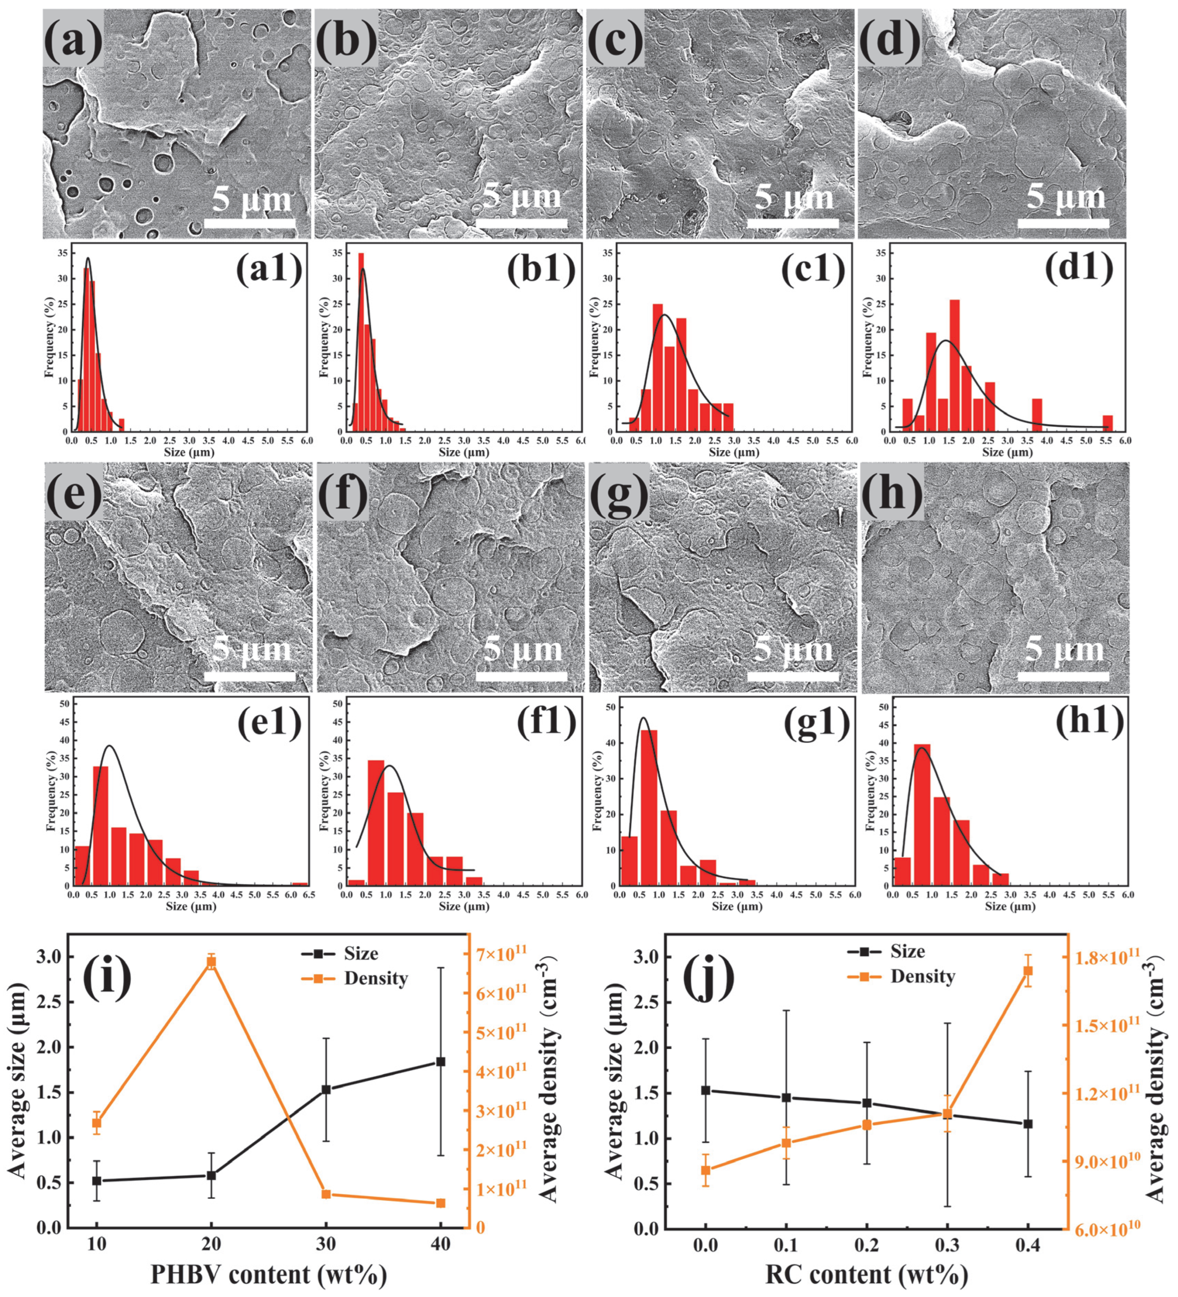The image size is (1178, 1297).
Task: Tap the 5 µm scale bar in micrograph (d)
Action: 1063,223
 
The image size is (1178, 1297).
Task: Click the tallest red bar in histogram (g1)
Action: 649,807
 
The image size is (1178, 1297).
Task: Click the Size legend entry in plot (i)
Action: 360,953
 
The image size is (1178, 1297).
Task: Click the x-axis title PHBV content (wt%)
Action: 269,1273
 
